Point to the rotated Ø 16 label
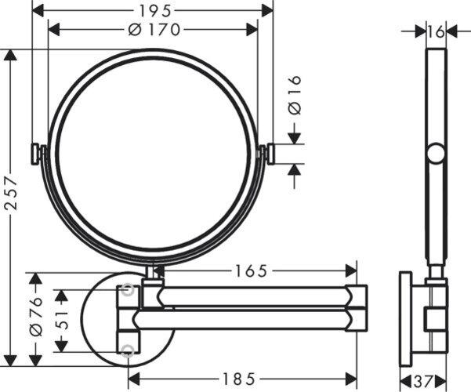point(295,96)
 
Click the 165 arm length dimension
point(251,271)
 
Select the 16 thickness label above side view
point(436,31)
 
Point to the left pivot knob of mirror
point(36,154)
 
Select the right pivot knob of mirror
point(270,154)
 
